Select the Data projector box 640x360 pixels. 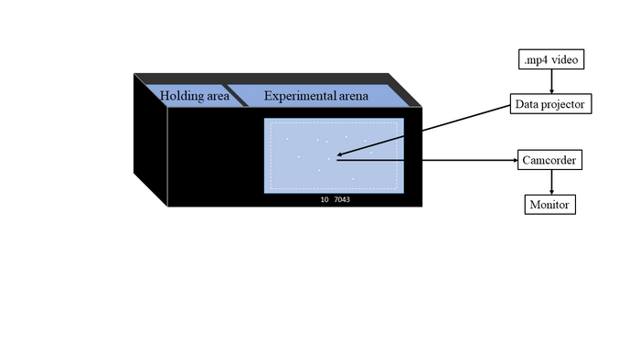550,105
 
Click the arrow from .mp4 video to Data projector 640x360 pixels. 550,82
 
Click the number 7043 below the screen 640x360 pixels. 343,198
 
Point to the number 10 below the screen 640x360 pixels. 324,198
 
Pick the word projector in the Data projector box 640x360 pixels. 567,105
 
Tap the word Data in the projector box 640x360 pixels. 528,105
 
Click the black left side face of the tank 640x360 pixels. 151,137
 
